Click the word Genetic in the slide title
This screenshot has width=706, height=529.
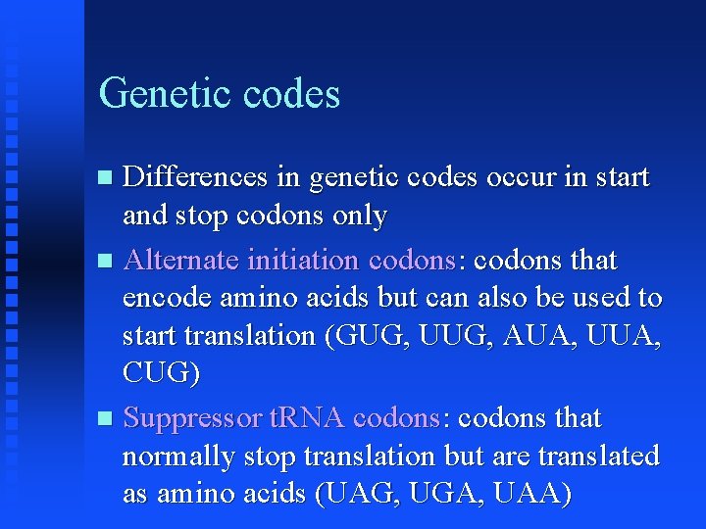point(158,94)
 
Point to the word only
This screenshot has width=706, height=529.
point(359,216)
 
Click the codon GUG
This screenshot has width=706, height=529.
point(366,335)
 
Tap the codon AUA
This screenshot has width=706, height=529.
point(532,335)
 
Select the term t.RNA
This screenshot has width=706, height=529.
point(305,418)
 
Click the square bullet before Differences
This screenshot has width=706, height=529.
point(107,178)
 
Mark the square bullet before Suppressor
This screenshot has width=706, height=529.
point(107,419)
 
